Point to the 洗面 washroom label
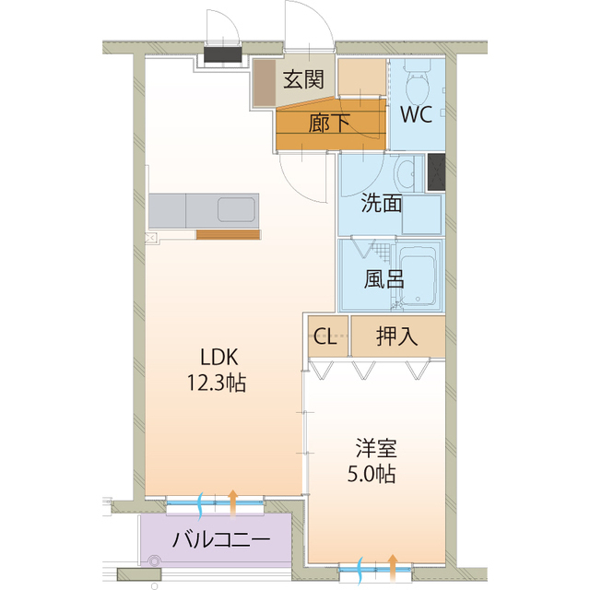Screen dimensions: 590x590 click(380, 204)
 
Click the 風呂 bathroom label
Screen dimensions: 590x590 click(383, 279)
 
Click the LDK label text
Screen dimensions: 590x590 click(220, 357)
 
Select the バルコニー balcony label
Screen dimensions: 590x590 click(221, 539)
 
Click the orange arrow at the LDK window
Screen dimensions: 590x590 click(232, 501)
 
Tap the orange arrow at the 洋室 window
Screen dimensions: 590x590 click(394, 564)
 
